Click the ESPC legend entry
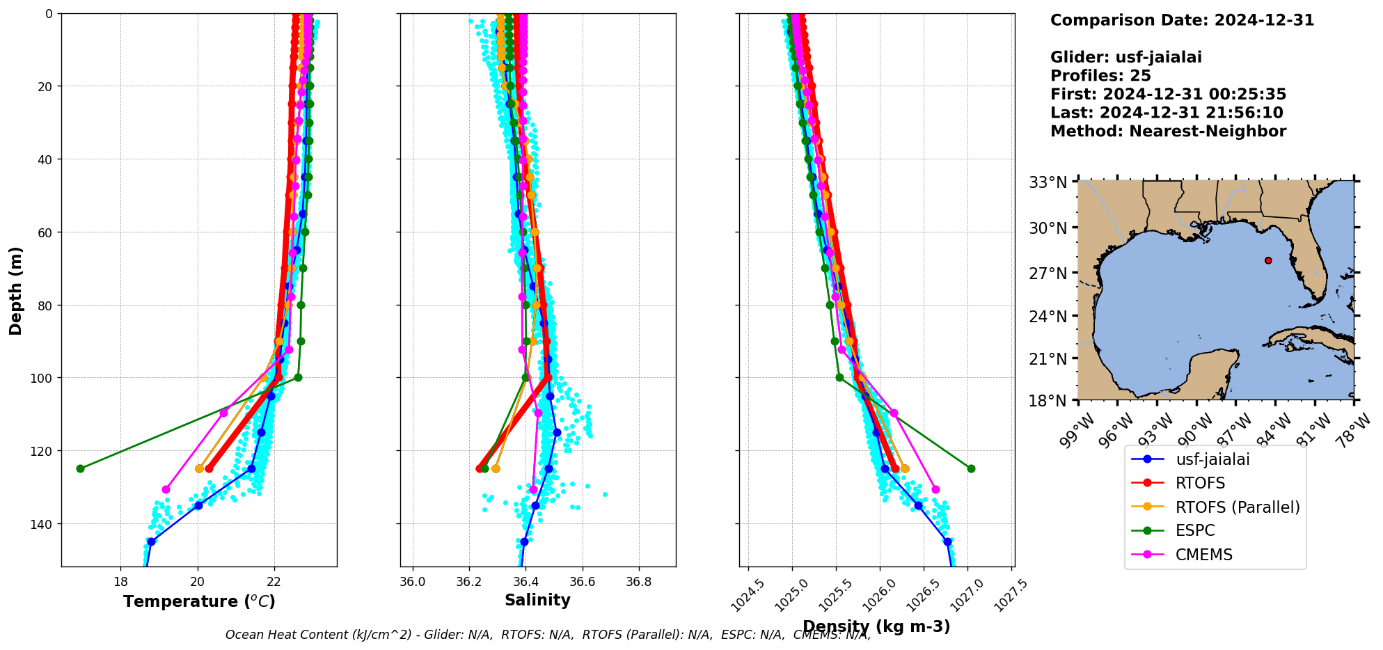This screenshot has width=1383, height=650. pos(1195,530)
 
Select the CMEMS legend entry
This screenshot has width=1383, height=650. pos(1203,555)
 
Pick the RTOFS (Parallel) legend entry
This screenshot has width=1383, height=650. pos(1238,507)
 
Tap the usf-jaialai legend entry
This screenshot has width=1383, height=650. pos(1212,459)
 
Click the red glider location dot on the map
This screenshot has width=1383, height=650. pos(1268,260)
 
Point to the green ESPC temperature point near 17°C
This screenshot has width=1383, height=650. pos(80,468)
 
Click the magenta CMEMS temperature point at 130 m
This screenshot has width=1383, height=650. pos(166,489)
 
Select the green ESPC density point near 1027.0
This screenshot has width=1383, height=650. pos(971,468)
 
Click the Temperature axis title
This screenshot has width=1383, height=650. pos(199,601)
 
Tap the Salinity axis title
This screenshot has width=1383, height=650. pos(537,600)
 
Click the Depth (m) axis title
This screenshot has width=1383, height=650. pos(15,290)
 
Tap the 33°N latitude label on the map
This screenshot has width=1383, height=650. pos(1048,182)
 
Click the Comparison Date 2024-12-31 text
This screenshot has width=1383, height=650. pos(1182,20)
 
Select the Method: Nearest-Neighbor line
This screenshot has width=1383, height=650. pos(1168,131)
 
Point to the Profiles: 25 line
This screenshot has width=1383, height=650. pos(1100,76)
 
